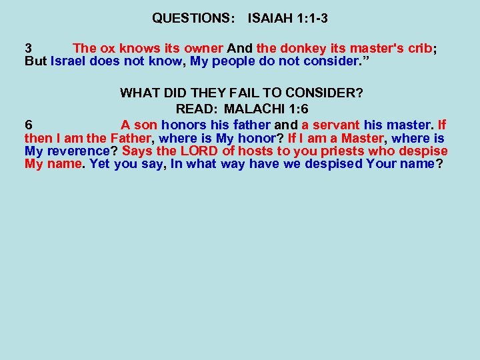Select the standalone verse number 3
click(x=28, y=49)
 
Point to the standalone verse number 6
click(x=28, y=125)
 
